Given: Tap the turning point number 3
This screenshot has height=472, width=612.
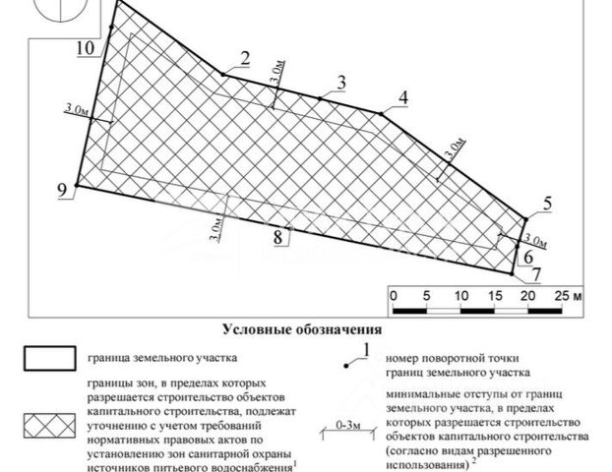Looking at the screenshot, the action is point(341,82).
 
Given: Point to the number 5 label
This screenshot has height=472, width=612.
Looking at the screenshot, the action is point(548,204).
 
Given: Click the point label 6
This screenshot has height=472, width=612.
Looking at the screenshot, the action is point(526,255).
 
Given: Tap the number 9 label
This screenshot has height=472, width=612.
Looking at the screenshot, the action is point(64,191).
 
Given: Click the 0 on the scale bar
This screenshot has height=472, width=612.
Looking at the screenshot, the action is point(393,294).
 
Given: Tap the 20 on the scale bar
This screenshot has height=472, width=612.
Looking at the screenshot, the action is point(527,294).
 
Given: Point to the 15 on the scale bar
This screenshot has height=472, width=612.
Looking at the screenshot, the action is point(494,294).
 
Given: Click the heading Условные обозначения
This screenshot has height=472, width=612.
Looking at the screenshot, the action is point(301,329).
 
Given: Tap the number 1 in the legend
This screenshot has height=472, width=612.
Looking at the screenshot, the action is point(366,349).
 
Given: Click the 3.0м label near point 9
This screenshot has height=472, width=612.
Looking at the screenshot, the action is point(72,110).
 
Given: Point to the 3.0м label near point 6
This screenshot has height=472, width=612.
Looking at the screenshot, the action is point(535,240).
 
